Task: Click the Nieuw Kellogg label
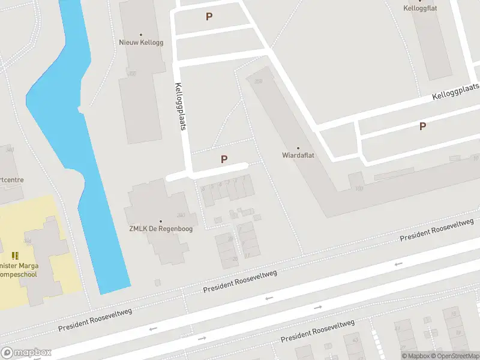(141, 43)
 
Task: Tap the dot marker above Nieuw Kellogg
(141, 35)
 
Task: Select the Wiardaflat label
(298, 155)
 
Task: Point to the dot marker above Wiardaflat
(298, 148)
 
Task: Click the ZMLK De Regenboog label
(160, 229)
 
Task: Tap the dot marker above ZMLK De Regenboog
(160, 221)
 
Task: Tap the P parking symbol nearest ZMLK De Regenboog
(224, 159)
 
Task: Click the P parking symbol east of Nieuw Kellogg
(209, 17)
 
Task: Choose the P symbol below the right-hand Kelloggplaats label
(422, 127)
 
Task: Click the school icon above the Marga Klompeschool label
(15, 256)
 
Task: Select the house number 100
(359, 189)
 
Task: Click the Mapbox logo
(26, 353)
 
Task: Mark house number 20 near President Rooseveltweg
(235, 258)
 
